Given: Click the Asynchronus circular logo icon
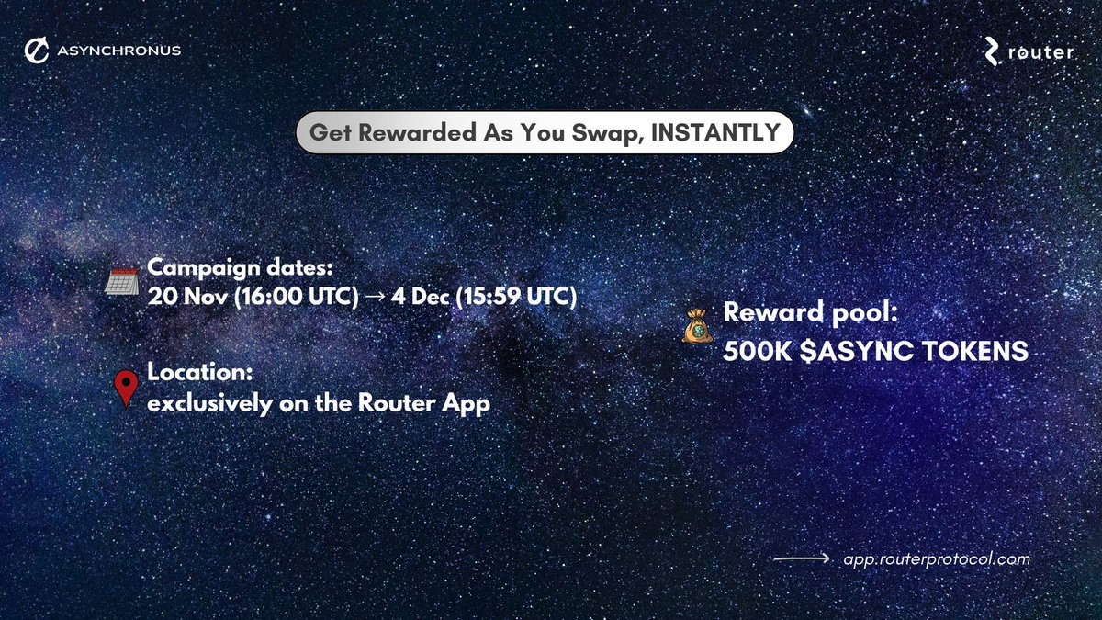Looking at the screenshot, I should pos(37,51).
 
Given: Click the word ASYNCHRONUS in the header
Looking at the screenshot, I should pos(118,51).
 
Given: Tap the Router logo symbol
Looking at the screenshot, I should pos(993,51).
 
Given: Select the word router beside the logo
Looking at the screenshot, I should pos(1040,52).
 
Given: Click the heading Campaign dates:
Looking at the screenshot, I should pos(239,268).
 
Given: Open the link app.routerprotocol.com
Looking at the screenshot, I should pos(937,558).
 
